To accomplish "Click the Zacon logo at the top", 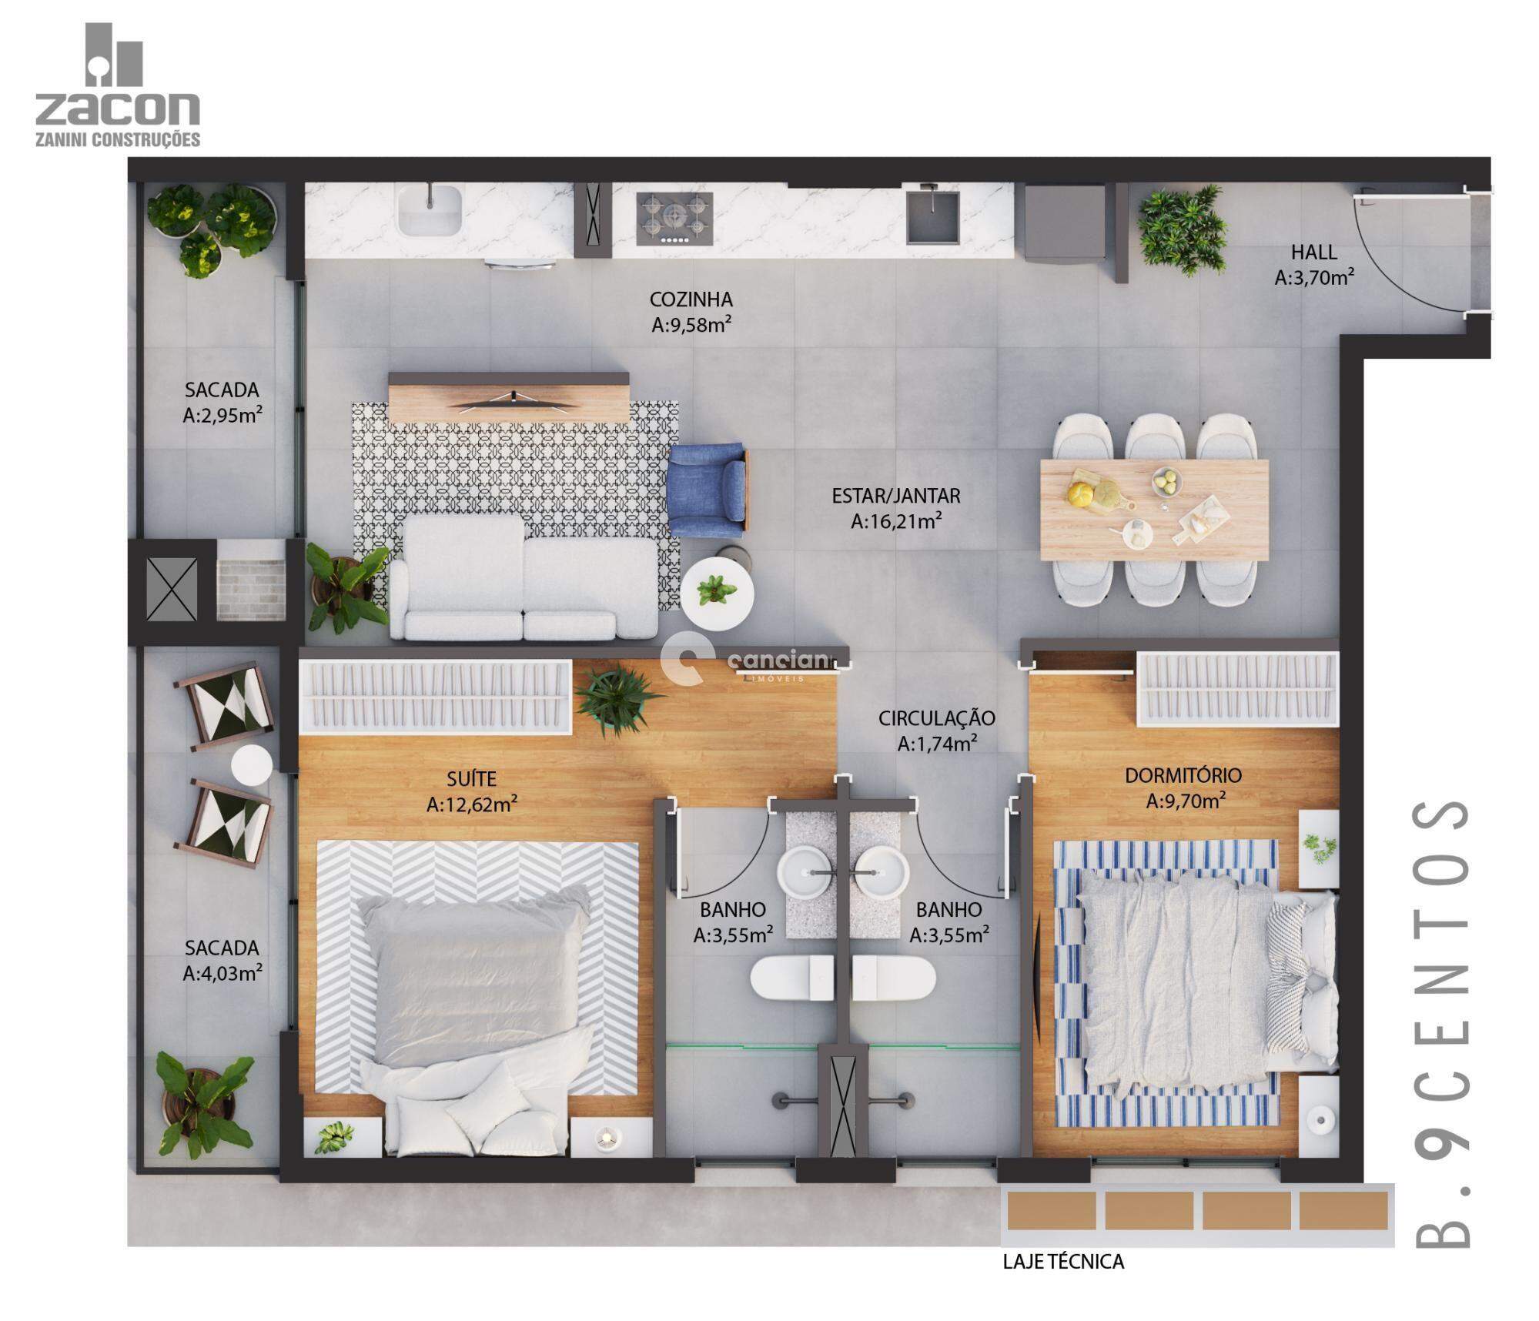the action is click(x=118, y=85).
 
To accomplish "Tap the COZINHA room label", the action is click(x=691, y=299).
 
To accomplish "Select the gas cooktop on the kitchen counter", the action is click(x=674, y=219).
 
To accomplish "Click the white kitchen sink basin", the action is click(x=429, y=209).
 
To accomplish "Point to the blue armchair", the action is click(x=708, y=490).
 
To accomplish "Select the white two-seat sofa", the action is click(x=524, y=577).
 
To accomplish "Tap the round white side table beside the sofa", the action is click(x=717, y=594).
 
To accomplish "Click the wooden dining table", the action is click(x=1153, y=510).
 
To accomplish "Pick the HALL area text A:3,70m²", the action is click(x=1314, y=278).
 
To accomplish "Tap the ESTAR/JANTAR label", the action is click(x=895, y=496).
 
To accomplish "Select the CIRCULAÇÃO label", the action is click(x=937, y=718).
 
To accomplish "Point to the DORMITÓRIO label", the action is click(x=1183, y=775).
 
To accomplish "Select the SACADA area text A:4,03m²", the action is click(x=222, y=974).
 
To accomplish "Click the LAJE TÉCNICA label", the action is click(x=1063, y=1262).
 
